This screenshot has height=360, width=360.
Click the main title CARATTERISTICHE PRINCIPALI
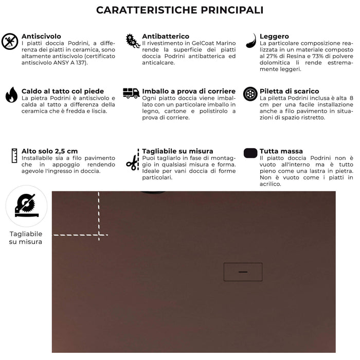tap(180, 10)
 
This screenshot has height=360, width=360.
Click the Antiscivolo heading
tap(41, 37)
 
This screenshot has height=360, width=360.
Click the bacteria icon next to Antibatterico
tap(133, 41)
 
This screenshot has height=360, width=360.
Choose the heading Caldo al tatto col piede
tap(62, 92)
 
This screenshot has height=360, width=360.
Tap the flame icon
tap(11, 95)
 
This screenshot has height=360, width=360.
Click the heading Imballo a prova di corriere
tap(189, 92)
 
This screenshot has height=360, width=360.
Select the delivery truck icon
tap(131, 93)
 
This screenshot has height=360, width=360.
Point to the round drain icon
tap(250, 94)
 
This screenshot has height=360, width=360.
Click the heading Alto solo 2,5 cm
tap(49, 151)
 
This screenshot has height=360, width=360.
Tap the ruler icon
tap(12, 155)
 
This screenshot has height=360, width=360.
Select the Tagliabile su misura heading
tap(177, 151)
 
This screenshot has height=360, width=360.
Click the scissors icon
tap(132, 163)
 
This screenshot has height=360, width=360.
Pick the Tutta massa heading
tap(281, 151)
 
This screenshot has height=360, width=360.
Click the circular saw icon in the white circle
tap(26, 206)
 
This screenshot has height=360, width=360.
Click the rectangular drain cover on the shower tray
tap(243, 272)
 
